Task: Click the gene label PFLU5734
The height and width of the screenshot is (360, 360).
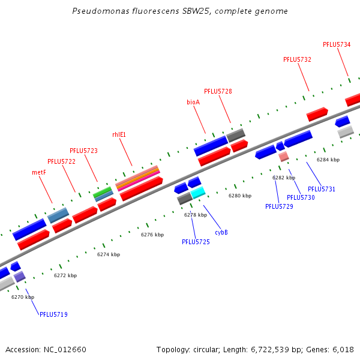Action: [x=337, y=44]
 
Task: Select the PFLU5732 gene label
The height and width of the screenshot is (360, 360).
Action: [x=297, y=59]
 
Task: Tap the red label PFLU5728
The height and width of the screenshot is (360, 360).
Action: [x=218, y=91]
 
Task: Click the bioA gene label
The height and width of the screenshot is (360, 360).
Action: [x=193, y=102]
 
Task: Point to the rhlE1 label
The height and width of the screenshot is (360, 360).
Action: [x=119, y=134]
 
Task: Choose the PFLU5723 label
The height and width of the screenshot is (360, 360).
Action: [x=83, y=151]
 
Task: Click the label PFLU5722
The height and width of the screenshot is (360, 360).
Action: [x=61, y=161]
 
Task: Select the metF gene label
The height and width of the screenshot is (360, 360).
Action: [x=39, y=172]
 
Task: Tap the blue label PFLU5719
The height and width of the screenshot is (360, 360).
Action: [x=53, y=314]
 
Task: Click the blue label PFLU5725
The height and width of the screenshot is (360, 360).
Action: [x=196, y=242]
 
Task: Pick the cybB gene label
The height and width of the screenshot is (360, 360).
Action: [x=221, y=232]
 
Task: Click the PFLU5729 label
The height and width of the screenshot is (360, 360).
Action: [x=279, y=206]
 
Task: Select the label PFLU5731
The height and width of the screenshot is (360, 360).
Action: [x=322, y=189]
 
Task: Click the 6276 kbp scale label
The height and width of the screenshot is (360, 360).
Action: [x=152, y=235]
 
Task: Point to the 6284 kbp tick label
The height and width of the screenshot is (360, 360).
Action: [x=328, y=160]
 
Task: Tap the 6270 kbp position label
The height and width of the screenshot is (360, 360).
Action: [x=23, y=296]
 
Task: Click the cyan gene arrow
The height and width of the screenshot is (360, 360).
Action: [x=198, y=193]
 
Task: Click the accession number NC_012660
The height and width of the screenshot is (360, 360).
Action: [x=66, y=349]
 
